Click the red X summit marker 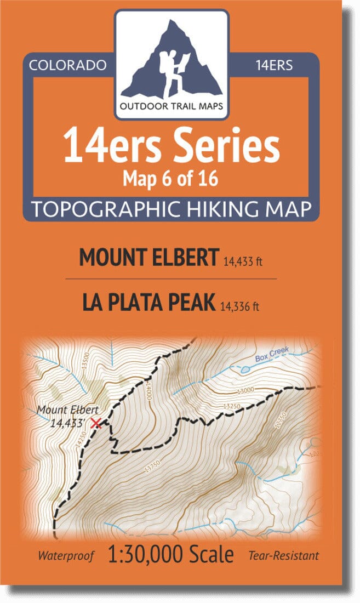point(96,423)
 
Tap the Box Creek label point(272,357)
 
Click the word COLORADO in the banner point(67,65)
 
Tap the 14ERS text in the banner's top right point(273,65)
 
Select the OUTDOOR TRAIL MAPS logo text point(172,106)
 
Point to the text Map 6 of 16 point(172,179)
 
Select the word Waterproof point(66,556)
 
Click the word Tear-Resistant point(283,556)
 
